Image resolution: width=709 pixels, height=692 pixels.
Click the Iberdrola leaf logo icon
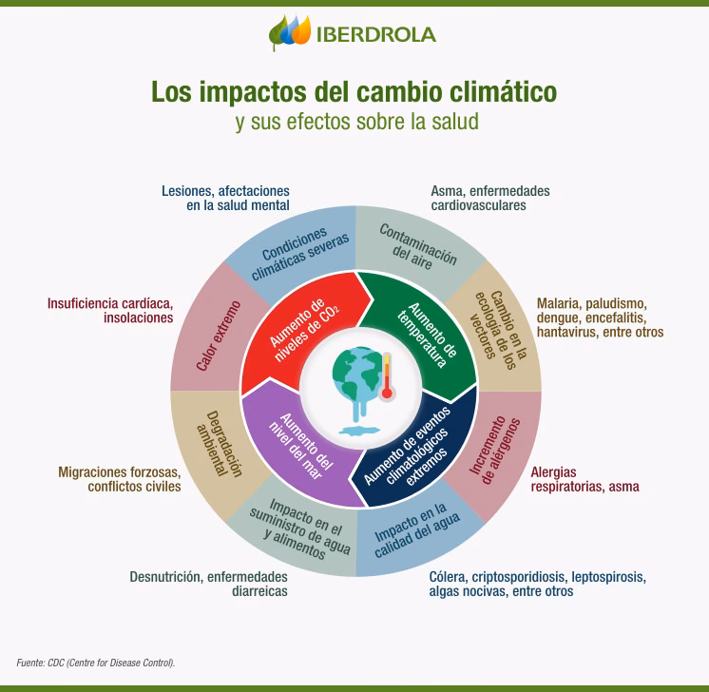(x=291, y=33)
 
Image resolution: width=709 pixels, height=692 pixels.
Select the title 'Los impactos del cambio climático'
(x=354, y=92)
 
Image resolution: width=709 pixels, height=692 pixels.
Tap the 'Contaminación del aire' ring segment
(x=418, y=245)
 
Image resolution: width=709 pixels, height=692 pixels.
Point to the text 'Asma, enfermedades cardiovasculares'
(x=489, y=198)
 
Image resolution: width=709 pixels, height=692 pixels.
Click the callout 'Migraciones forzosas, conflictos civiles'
(x=119, y=479)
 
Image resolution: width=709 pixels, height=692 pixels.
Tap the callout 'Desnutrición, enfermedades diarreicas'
(x=208, y=584)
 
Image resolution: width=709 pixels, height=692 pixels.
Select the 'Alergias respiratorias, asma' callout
(x=584, y=479)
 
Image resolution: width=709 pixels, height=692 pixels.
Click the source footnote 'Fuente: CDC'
(x=95, y=663)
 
